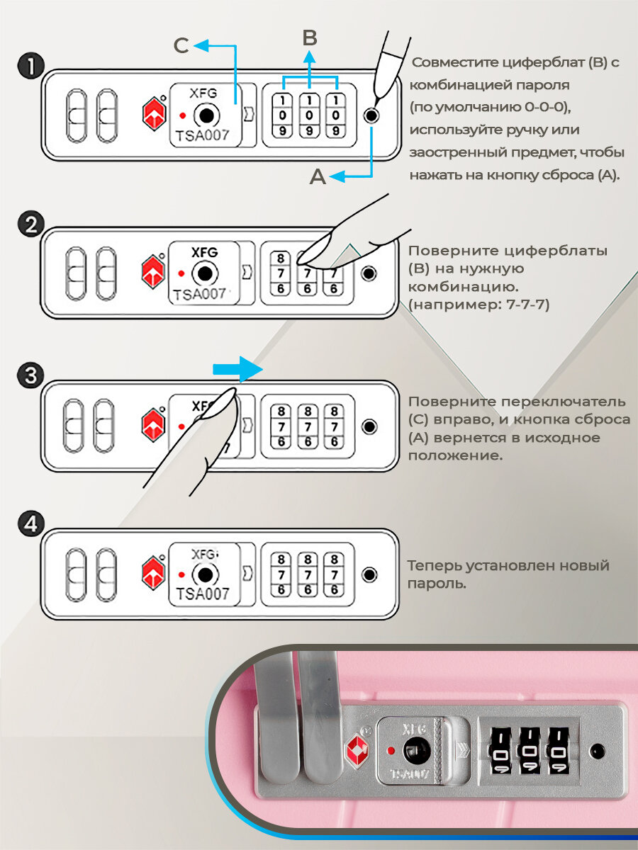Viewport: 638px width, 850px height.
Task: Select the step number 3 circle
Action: pos(30,375)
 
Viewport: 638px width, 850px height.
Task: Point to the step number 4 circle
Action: pos(30,526)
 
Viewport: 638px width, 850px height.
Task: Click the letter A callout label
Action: pos(318,176)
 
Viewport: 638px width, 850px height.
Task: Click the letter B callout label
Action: pos(309,38)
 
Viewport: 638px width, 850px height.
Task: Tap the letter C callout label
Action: pos(181,46)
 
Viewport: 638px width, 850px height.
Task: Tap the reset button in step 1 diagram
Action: pos(371,115)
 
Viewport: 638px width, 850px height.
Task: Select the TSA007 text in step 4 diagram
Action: pos(203,594)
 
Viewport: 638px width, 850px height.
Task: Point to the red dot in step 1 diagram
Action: pos(183,115)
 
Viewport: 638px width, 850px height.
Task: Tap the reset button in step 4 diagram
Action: pos(369,574)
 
